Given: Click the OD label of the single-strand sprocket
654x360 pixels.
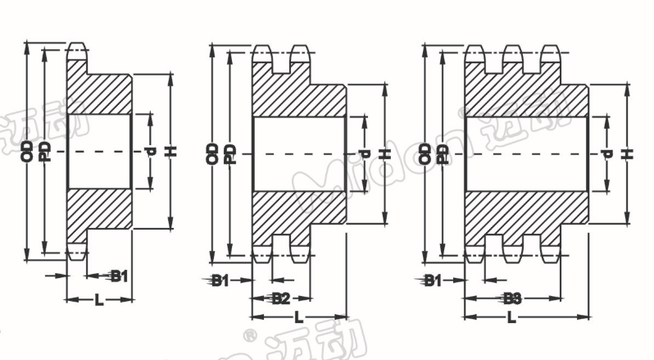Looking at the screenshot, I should [28, 150].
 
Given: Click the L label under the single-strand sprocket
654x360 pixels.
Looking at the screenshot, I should [98, 300].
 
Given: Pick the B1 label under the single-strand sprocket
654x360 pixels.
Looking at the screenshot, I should [120, 276].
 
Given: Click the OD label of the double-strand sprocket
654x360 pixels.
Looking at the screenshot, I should [212, 153].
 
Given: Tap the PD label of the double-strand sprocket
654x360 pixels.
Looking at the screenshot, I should [231, 153].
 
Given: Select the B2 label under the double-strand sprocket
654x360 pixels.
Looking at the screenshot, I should [281, 298].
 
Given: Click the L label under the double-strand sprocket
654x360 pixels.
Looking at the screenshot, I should [298, 317].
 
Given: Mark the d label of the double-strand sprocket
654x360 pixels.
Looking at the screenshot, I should [365, 153].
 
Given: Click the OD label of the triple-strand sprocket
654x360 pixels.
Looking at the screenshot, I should [425, 153].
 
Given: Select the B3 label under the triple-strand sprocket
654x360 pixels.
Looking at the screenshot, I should [513, 298].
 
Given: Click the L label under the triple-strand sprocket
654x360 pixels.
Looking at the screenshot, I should [511, 317].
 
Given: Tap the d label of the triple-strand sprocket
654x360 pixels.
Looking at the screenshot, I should [606, 153].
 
